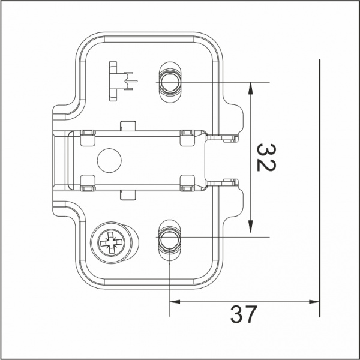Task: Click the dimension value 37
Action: tap(242, 314)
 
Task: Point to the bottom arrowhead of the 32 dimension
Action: tap(250, 231)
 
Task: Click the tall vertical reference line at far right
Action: tap(320, 180)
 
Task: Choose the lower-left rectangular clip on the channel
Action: tap(88, 182)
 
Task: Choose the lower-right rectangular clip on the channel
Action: tap(187, 182)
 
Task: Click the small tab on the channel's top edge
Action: tap(127, 125)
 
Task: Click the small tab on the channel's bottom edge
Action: tap(127, 194)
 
